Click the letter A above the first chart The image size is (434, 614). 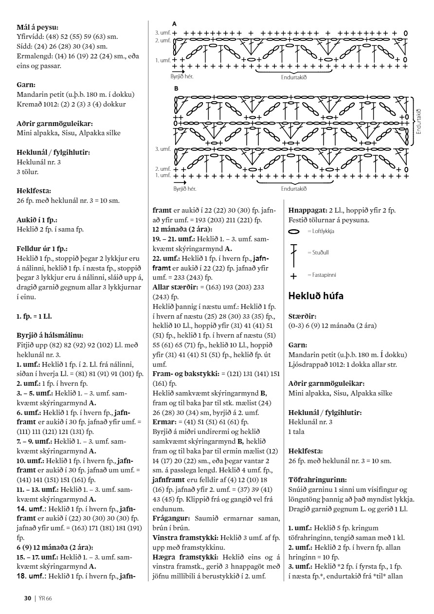175,24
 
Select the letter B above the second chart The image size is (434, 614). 176,89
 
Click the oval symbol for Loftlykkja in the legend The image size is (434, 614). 294,232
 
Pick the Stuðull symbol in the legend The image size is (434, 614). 293,253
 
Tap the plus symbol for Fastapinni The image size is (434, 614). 293,276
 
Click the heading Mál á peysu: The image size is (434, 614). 41,28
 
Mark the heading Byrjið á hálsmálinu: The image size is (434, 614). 50,335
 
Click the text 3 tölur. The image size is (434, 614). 28,171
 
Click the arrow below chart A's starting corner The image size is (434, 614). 178,72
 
